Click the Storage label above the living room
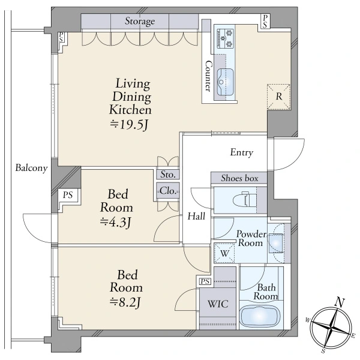pyautogui.click(x=140, y=21)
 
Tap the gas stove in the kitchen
pyautogui.click(x=226, y=38)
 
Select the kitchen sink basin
pyautogui.click(x=226, y=82)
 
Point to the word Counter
pyautogui.click(x=208, y=76)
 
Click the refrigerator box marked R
pyautogui.click(x=279, y=97)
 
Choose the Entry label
pyautogui.click(x=242, y=152)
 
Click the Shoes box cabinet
pyautogui.click(x=239, y=178)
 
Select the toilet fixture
pyautogui.click(x=245, y=200)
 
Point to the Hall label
pyautogui.click(x=196, y=216)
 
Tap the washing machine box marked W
pyautogui.click(x=224, y=253)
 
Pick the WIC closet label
pyautogui.click(x=218, y=304)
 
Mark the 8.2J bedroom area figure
pyautogui.click(x=125, y=302)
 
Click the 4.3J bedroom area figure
pyautogui.click(x=115, y=222)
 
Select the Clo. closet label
pyautogui.click(x=168, y=191)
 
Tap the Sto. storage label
pyautogui.click(x=168, y=175)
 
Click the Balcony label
pyautogui.click(x=31, y=168)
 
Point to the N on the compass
pyautogui.click(x=340, y=302)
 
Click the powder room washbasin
pyautogui.click(x=276, y=243)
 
